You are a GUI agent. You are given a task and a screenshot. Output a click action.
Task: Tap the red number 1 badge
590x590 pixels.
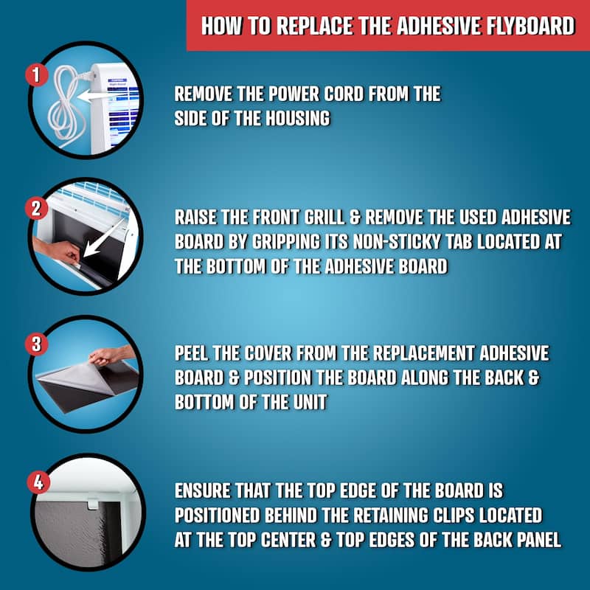point(33,74)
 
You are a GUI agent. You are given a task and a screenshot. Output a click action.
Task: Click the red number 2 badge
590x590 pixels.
point(33,208)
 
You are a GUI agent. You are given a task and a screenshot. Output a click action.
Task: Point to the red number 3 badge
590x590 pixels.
point(33,344)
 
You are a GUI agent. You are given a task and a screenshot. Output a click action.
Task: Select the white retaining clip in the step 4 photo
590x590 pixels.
point(93,504)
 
